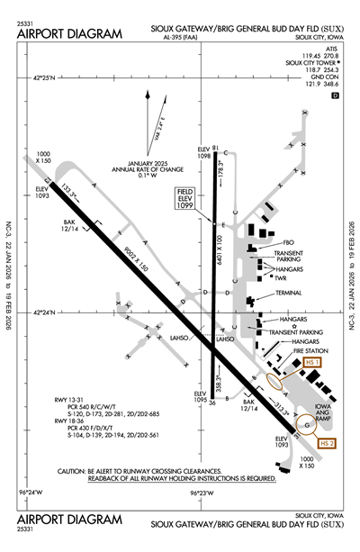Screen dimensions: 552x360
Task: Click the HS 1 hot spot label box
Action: (311, 361)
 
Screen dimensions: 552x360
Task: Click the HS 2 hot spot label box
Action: (328, 444)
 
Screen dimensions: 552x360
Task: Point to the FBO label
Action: (289, 242)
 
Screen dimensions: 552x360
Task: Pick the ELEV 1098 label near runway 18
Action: (202, 151)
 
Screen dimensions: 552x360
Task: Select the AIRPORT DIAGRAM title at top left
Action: (68, 33)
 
